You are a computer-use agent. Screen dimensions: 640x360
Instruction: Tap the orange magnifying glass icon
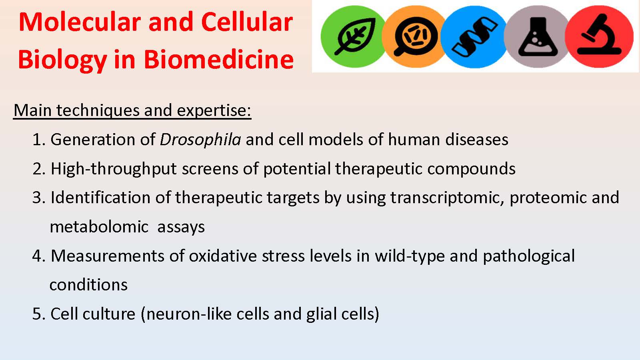[x=414, y=36]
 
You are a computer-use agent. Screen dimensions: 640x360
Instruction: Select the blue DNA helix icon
[x=474, y=36]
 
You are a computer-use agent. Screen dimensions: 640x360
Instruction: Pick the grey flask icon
[x=537, y=36]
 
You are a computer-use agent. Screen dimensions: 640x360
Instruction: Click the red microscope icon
[x=599, y=36]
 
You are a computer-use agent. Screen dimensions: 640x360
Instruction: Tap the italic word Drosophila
[x=200, y=140]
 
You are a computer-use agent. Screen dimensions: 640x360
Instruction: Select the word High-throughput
[x=114, y=169]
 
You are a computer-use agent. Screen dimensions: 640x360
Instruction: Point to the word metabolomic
[x=99, y=227]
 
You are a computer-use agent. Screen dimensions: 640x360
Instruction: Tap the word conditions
[x=88, y=285]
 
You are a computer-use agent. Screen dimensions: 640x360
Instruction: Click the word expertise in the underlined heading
[x=214, y=111]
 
